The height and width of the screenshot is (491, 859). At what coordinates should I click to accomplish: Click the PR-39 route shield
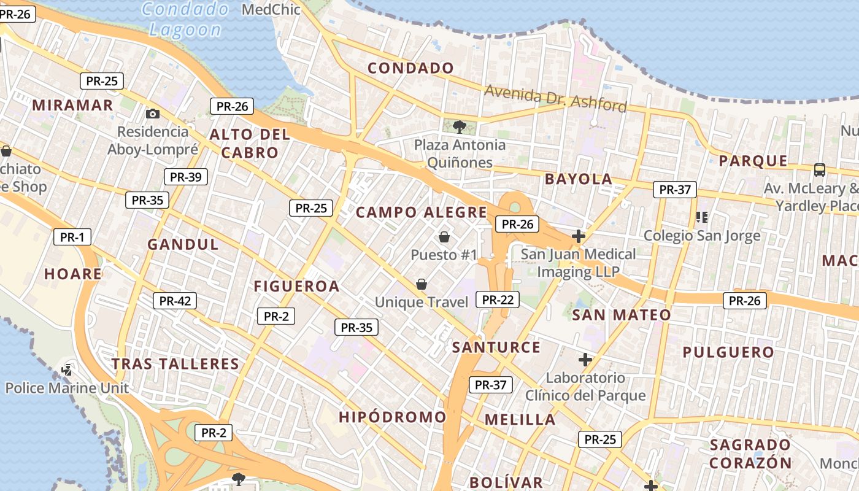pos(185,177)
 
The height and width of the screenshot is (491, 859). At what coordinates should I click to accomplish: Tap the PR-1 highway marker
pos(72,237)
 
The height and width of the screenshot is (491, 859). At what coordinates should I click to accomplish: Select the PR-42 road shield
pos(175,301)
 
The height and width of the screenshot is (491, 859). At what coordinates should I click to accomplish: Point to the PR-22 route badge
pos(498,300)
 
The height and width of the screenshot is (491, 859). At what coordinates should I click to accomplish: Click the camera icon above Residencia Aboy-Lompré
pos(153,114)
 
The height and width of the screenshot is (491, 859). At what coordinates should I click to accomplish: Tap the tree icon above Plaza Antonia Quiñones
pos(458,127)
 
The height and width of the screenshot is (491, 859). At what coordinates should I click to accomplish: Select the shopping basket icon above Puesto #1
pos(444,236)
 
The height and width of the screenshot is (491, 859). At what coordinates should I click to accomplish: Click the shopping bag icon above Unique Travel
pos(422,284)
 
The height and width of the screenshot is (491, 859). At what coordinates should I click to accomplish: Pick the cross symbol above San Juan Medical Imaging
pos(578,236)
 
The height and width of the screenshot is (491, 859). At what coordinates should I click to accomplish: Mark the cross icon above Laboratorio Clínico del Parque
pos(585,359)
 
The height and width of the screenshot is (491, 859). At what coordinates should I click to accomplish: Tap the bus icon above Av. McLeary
pos(819,169)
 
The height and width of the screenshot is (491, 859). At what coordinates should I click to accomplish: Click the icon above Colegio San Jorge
pos(702,217)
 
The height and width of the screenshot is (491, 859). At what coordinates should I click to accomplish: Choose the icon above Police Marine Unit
pos(67,369)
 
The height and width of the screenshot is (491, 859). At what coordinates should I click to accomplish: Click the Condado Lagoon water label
pos(185,19)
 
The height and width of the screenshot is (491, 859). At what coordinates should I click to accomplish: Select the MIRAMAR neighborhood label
pos(73,105)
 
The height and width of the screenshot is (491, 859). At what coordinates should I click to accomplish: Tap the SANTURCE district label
pos(496,347)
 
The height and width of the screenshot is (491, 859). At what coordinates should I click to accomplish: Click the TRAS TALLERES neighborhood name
pos(175,364)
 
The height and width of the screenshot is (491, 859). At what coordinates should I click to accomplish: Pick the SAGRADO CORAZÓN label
pos(750,454)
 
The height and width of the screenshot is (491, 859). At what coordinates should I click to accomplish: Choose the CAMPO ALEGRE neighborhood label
pos(422,212)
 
